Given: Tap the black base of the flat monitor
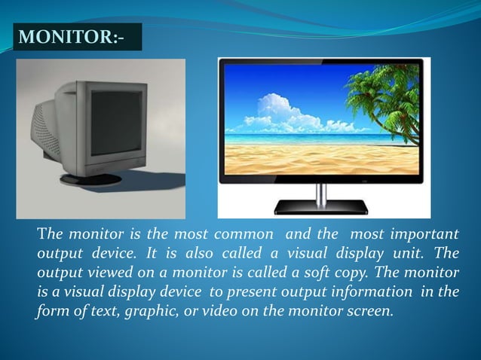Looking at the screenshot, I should tap(320, 206).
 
